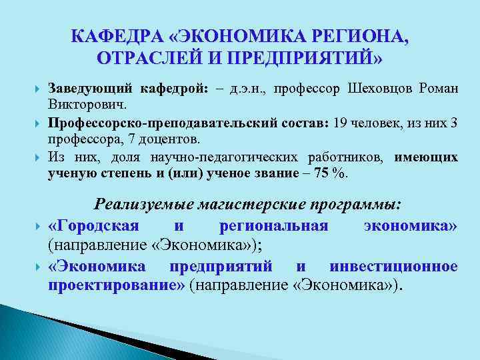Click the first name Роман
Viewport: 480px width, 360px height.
click(439, 90)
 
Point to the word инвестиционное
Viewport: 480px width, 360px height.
click(393, 267)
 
